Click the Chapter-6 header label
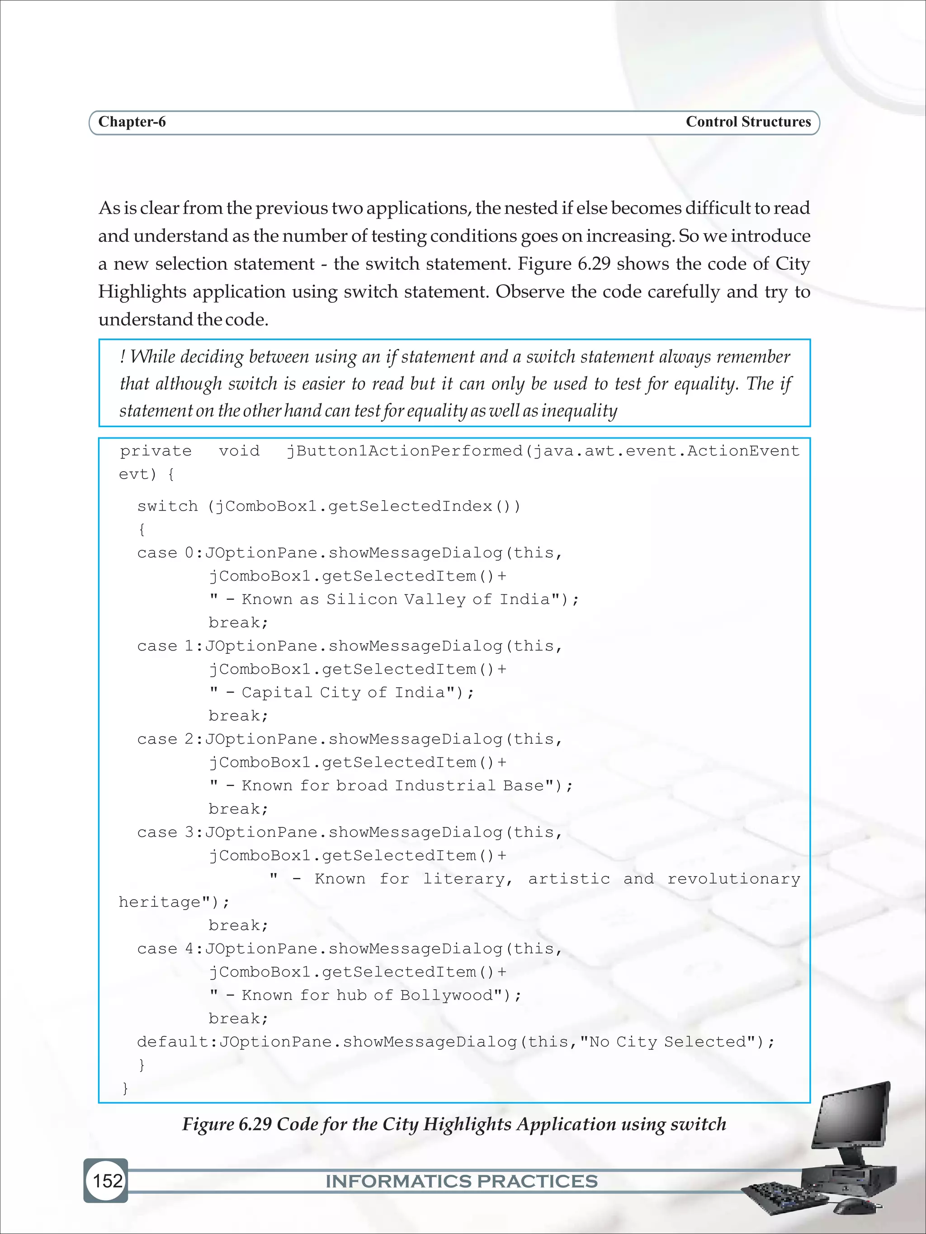pos(132,122)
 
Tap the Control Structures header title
pos(748,122)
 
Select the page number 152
pos(107,1180)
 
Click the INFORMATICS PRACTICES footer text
pos(461,1181)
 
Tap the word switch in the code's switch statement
pos(167,506)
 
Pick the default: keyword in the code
pos(176,1042)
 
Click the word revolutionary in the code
pos(733,879)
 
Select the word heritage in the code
pos(160,902)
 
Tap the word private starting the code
pos(156,451)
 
